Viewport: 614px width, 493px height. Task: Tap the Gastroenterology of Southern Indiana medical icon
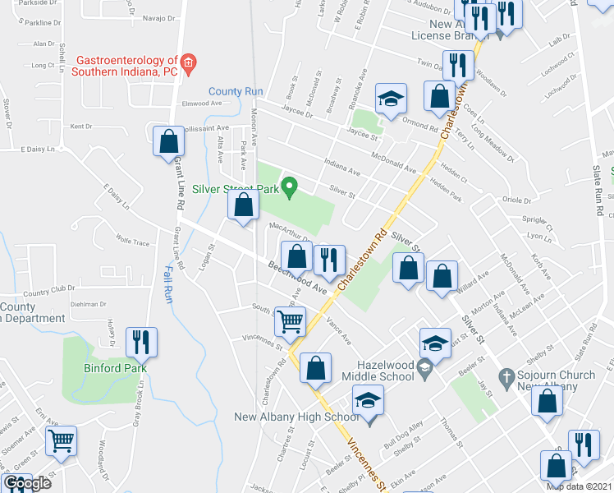(x=188, y=62)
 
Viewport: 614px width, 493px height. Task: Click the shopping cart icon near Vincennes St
(x=290, y=321)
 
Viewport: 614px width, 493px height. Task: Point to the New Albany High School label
(x=296, y=417)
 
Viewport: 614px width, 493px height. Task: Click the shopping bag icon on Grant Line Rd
(x=168, y=141)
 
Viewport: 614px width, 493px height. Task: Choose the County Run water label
(x=235, y=91)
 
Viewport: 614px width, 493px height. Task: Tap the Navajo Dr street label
(x=160, y=18)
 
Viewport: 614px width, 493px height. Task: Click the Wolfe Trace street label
(x=133, y=243)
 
